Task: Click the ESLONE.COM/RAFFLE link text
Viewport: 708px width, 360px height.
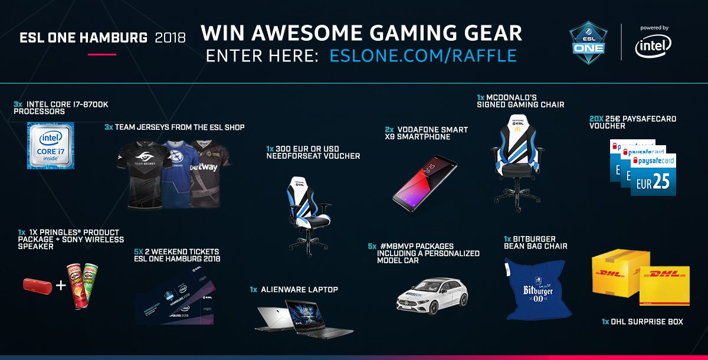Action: pyautogui.click(x=423, y=55)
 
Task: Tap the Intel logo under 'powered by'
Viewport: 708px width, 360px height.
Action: pyautogui.click(x=653, y=45)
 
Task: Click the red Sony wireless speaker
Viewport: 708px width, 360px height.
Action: pyautogui.click(x=37, y=286)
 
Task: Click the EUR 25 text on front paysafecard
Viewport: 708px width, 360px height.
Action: pyautogui.click(x=653, y=183)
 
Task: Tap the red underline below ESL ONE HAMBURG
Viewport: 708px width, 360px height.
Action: pyautogui.click(x=102, y=54)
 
